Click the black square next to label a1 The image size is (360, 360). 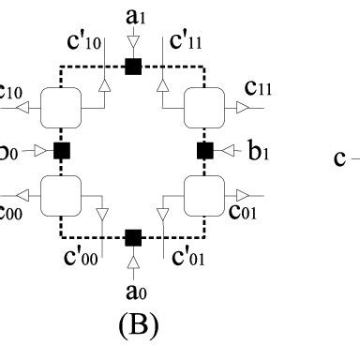coord(133,65)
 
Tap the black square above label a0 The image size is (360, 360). coord(133,235)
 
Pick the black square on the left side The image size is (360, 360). coord(62,150)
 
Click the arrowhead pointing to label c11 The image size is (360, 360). coord(242,108)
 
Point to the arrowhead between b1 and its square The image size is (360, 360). coord(225,150)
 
